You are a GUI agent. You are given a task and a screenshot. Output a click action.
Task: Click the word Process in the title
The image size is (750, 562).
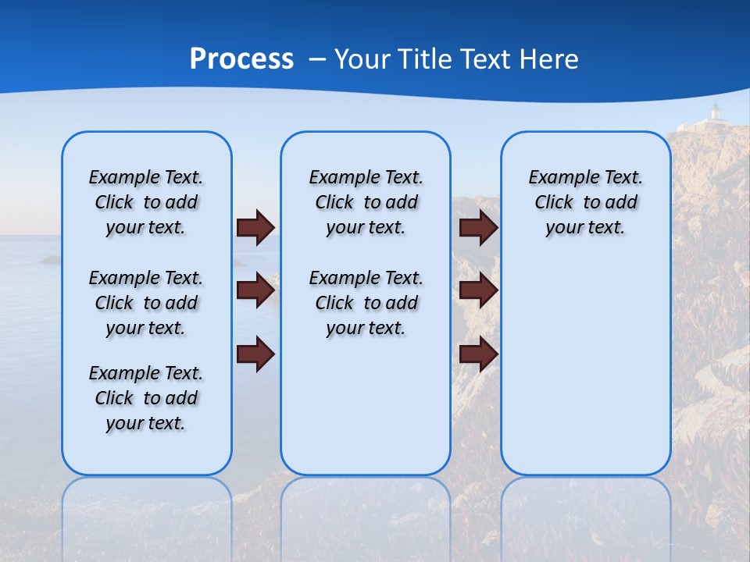tap(241, 59)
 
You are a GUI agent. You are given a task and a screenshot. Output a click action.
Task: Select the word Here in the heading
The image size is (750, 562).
tap(548, 59)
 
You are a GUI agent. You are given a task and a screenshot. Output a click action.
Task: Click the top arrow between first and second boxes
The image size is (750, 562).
tap(255, 227)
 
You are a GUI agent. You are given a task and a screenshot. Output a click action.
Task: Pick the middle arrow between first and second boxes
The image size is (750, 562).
tap(255, 290)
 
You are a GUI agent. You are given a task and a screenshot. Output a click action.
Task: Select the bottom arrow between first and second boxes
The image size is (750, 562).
tap(255, 353)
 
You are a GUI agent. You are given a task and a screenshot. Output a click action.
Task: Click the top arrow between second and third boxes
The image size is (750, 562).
tap(479, 227)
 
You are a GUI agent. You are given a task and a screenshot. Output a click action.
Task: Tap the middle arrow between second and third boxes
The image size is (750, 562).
tap(479, 290)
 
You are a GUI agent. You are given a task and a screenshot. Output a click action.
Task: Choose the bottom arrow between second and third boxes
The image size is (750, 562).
tap(479, 353)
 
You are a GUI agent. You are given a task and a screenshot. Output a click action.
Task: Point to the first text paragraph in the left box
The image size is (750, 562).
tap(146, 202)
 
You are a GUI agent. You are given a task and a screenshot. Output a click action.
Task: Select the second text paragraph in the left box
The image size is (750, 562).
tap(146, 303)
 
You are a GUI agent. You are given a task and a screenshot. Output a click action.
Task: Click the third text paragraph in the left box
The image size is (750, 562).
tap(146, 398)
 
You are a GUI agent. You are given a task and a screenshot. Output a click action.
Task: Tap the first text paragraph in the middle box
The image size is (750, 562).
tap(366, 202)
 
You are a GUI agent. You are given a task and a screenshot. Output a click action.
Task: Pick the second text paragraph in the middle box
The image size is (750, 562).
tap(366, 303)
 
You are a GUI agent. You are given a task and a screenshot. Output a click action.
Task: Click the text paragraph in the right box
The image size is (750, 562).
tap(586, 202)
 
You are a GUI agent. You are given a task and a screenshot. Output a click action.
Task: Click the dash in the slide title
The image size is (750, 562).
tap(317, 59)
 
